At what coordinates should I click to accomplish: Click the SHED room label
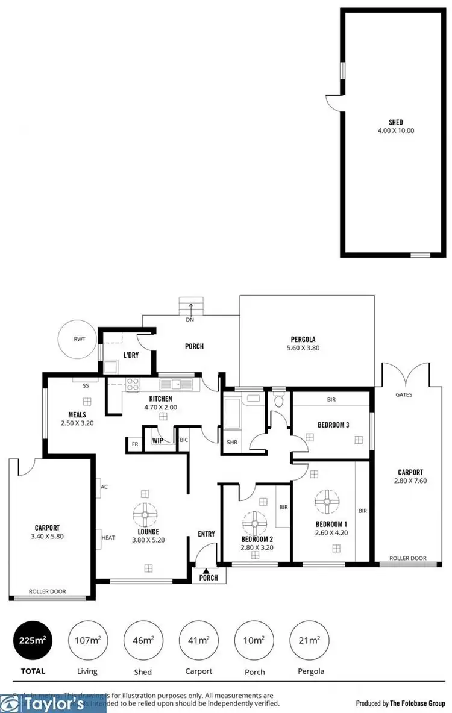pos(395,122)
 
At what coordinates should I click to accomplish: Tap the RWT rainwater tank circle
pos(79,340)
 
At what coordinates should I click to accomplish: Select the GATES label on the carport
pos(404,395)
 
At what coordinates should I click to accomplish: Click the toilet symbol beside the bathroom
pos(278,400)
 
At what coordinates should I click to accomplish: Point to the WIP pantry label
pos(158,441)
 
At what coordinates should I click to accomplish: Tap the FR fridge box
pos(134,444)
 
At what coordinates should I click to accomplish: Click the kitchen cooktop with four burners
pos(132,384)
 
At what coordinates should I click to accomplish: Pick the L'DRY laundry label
pos(131,355)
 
